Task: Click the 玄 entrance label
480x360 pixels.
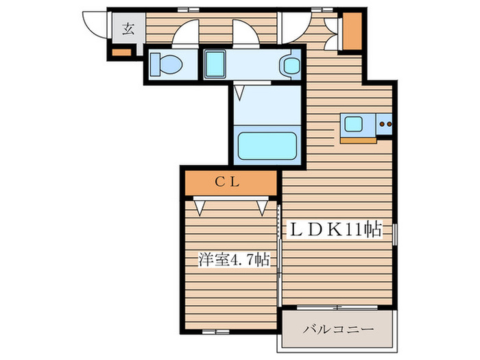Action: [x=128, y=29]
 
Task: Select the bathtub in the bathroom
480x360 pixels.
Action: [x=267, y=146]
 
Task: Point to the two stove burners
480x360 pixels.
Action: [x=385, y=125]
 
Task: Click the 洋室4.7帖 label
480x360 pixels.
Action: [x=232, y=260]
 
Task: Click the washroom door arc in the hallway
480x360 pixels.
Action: [x=245, y=32]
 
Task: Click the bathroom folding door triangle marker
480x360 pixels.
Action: [x=241, y=89]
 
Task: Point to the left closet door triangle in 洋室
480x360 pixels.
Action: [x=200, y=205]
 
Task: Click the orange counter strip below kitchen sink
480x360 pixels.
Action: [x=358, y=140]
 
